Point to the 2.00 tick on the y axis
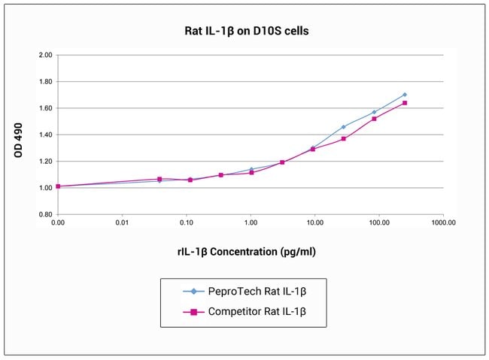coord(44,56)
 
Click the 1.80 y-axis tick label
coord(44,82)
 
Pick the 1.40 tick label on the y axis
coord(44,135)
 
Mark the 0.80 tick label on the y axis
coord(44,215)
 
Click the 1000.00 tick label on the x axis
coord(443,223)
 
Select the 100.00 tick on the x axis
coord(379,223)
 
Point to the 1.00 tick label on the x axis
coord(251,223)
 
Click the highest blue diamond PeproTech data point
coord(405,95)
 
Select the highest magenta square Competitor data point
coord(405,103)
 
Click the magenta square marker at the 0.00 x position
coord(58,186)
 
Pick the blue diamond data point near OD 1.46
coord(344,127)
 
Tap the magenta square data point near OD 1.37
coord(344,138)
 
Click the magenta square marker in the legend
coord(193,310)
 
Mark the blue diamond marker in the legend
coord(193,290)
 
